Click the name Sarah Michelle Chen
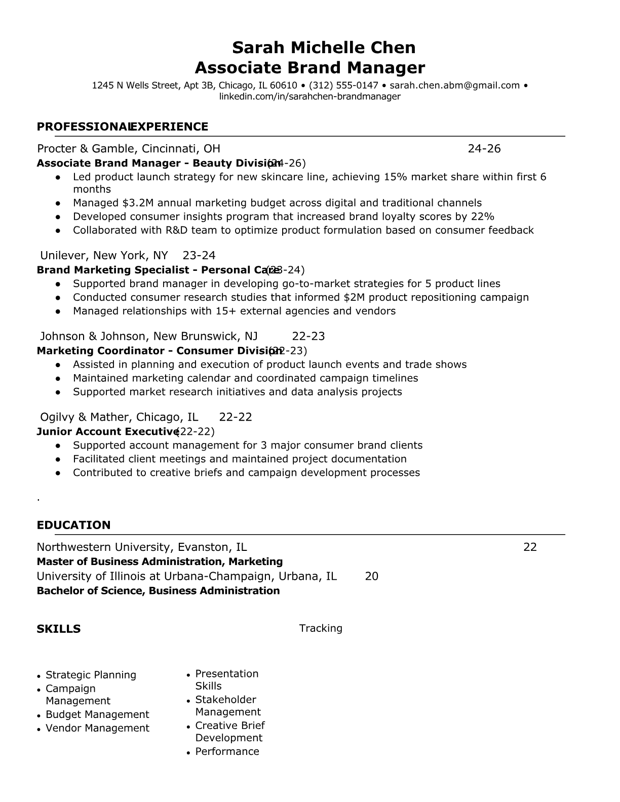tap(324, 48)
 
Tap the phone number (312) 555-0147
tap(343, 86)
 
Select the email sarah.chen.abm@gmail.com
tap(454, 86)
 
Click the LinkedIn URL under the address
tap(309, 97)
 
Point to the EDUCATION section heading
tap(73, 525)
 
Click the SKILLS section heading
tap(58, 629)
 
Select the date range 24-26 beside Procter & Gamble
tap(484, 149)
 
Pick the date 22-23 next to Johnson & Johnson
tap(308, 336)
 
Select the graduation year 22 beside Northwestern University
tap(530, 547)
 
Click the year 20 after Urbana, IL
tap(371, 576)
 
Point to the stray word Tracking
tap(321, 628)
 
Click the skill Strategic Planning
tap(91, 675)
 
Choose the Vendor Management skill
tap(97, 728)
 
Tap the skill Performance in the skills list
tap(227, 751)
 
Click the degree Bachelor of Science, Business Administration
tap(158, 591)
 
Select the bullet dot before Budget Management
tap(39, 715)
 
